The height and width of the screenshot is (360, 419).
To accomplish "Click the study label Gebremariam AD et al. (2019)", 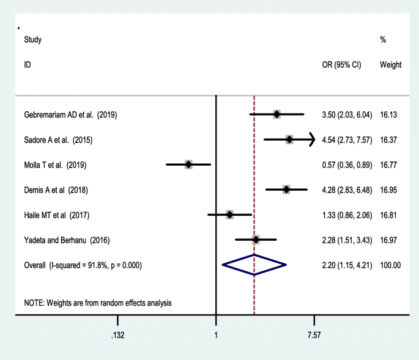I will tap(70, 115).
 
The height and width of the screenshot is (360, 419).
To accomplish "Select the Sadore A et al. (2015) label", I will tap(58, 140).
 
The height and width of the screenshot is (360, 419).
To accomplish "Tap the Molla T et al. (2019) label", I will tap(56, 165).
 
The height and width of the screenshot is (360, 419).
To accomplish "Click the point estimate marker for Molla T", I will tap(188, 164).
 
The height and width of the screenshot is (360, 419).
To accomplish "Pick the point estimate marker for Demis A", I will tap(286, 189).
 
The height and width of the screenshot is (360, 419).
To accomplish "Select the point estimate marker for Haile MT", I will tap(229, 215).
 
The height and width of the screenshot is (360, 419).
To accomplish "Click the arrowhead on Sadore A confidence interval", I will tap(311, 140).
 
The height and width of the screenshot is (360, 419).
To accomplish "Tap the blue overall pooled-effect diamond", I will tap(254, 265).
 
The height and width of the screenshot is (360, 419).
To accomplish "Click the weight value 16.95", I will tap(388, 190).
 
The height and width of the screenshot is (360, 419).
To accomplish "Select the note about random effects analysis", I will tap(98, 303).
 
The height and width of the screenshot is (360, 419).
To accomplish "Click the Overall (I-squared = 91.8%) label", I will tap(83, 265).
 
